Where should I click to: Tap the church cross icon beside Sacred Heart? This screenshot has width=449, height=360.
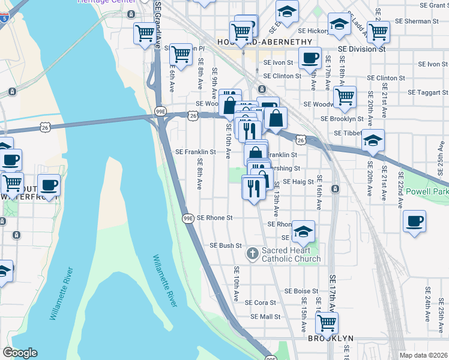(253, 254)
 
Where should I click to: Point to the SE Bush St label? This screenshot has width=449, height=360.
(225, 245)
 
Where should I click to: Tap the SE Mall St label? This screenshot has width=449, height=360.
(265, 316)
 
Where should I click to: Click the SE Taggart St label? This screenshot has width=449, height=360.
(429, 93)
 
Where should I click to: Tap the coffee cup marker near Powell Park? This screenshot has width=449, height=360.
(415, 221)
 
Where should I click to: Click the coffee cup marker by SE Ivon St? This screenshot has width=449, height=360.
(310, 58)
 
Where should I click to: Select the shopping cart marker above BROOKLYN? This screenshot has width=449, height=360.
(327, 323)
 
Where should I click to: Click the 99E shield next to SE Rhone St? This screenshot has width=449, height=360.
(188, 218)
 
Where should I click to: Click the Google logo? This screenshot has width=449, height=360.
(20, 353)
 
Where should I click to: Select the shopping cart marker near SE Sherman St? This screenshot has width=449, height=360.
(378, 32)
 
